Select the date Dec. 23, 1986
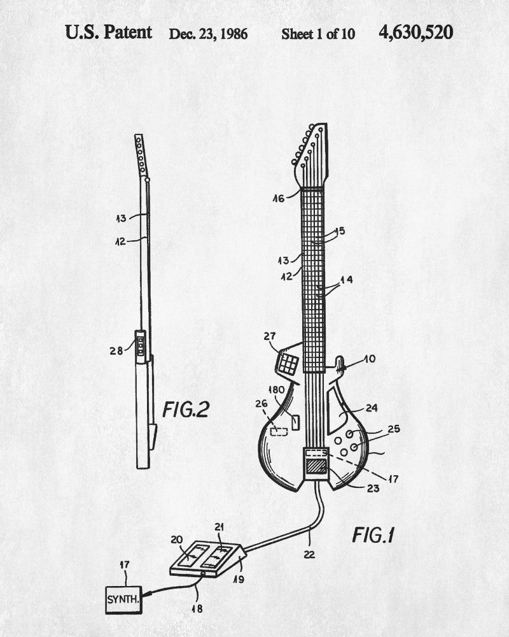[208, 34]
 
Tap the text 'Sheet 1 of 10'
[318, 34]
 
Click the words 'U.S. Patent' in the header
[109, 32]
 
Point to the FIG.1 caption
[373, 534]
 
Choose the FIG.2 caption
[185, 409]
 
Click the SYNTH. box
[123, 600]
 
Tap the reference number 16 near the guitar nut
[279, 198]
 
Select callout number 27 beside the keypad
[269, 336]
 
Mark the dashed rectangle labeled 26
[278, 431]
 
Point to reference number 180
[276, 389]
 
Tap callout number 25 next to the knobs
[394, 429]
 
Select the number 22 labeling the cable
[309, 554]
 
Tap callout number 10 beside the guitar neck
[369, 359]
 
